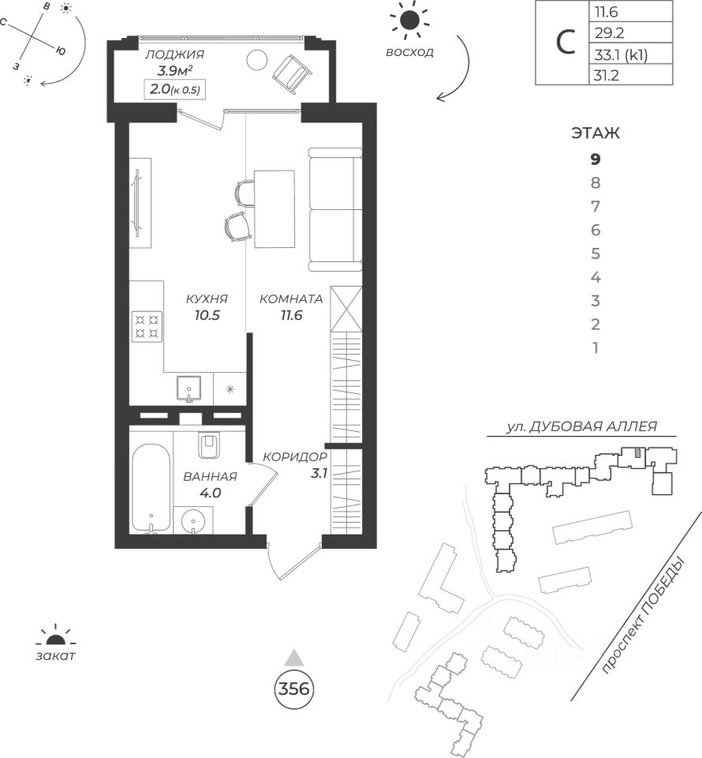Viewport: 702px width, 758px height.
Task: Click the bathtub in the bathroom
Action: click(151, 488)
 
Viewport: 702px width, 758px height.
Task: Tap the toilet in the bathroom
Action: click(211, 447)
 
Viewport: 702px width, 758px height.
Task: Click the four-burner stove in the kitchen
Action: click(147, 326)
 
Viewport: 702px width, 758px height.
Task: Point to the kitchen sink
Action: click(190, 388)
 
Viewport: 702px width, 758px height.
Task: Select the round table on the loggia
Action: click(257, 60)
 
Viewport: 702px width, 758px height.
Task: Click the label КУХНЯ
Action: click(207, 299)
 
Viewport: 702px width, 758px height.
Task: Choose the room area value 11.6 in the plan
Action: click(291, 315)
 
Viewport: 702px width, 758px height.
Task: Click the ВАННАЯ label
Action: click(210, 476)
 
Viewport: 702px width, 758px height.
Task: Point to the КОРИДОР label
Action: click(295, 456)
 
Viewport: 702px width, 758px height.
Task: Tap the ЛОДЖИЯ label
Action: click(174, 54)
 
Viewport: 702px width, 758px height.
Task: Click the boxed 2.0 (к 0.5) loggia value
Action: click(175, 89)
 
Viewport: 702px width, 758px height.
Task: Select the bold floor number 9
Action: click(596, 159)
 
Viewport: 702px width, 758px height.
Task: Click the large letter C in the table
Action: click(565, 43)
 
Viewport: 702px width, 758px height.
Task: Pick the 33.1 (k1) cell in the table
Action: click(629, 54)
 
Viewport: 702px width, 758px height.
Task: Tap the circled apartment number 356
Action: click(294, 689)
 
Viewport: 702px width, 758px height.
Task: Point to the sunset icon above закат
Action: click(55, 638)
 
